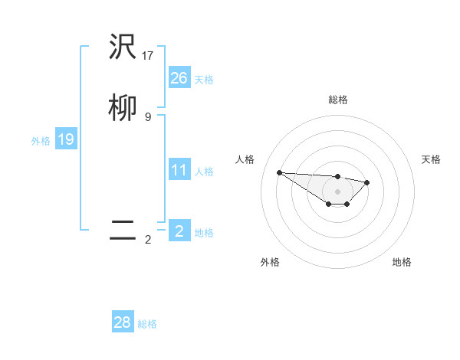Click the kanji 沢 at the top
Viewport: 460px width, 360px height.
pyautogui.click(x=123, y=48)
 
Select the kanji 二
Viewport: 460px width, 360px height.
pyautogui.click(x=123, y=231)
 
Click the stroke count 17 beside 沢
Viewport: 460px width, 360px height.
pyautogui.click(x=148, y=55)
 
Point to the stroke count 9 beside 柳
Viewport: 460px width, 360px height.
pyautogui.click(x=148, y=116)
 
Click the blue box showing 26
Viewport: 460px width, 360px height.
pyautogui.click(x=179, y=78)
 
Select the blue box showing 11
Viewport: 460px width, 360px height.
pyautogui.click(x=179, y=170)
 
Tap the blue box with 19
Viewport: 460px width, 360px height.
pyautogui.click(x=66, y=139)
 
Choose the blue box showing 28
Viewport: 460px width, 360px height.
pyautogui.click(x=123, y=322)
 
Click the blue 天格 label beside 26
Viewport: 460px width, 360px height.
pyautogui.click(x=204, y=80)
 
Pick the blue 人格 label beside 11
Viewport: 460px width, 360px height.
pyautogui.click(x=204, y=172)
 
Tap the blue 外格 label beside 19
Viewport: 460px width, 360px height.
pyautogui.click(x=41, y=141)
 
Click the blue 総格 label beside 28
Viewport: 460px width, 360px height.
pyautogui.click(x=147, y=324)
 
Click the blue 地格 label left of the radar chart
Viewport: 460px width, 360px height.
pyautogui.click(x=204, y=233)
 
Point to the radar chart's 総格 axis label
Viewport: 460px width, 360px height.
pyautogui.click(x=338, y=100)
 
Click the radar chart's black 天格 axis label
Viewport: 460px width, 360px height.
pyautogui.click(x=431, y=159)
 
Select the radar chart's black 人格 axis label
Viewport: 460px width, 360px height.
pyautogui.click(x=245, y=159)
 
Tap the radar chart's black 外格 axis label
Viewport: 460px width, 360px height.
pyautogui.click(x=270, y=262)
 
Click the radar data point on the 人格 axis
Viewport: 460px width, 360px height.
pyautogui.click(x=280, y=172)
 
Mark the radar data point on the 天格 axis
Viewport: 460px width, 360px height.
pyautogui.click(x=367, y=182)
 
